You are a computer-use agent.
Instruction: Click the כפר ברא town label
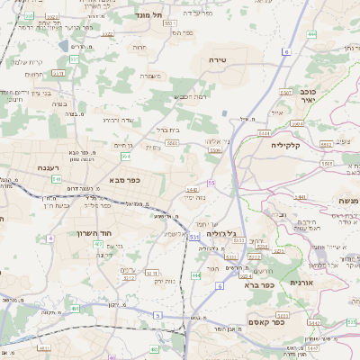(x=258, y=284)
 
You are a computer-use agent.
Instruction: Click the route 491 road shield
(x=76, y=309)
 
